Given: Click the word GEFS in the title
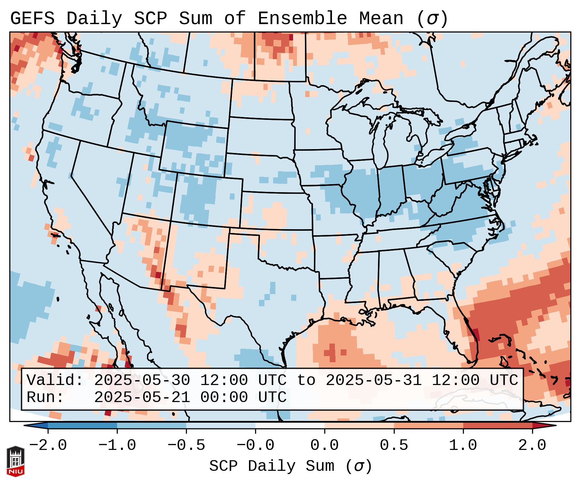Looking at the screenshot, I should pos(32,19).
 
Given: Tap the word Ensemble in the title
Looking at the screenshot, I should pos(302,19).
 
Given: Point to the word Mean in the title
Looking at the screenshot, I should pos(381,19).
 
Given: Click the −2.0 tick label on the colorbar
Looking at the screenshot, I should pos(48,445).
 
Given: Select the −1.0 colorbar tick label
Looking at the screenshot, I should pos(117,445).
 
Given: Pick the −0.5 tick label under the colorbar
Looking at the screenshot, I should pos(186,445).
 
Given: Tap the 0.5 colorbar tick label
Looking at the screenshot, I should pos(394,445).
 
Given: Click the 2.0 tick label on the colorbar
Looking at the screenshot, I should pos(532,445).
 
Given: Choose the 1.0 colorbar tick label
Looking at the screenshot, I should pos(463,445).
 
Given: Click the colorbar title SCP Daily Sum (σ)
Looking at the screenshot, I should pos(290,466).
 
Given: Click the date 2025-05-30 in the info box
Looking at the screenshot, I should pos(142,380).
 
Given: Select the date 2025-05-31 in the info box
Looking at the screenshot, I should pos(374,380).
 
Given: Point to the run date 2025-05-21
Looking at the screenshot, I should pos(142,397).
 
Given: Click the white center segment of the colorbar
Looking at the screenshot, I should pos(290,426).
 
